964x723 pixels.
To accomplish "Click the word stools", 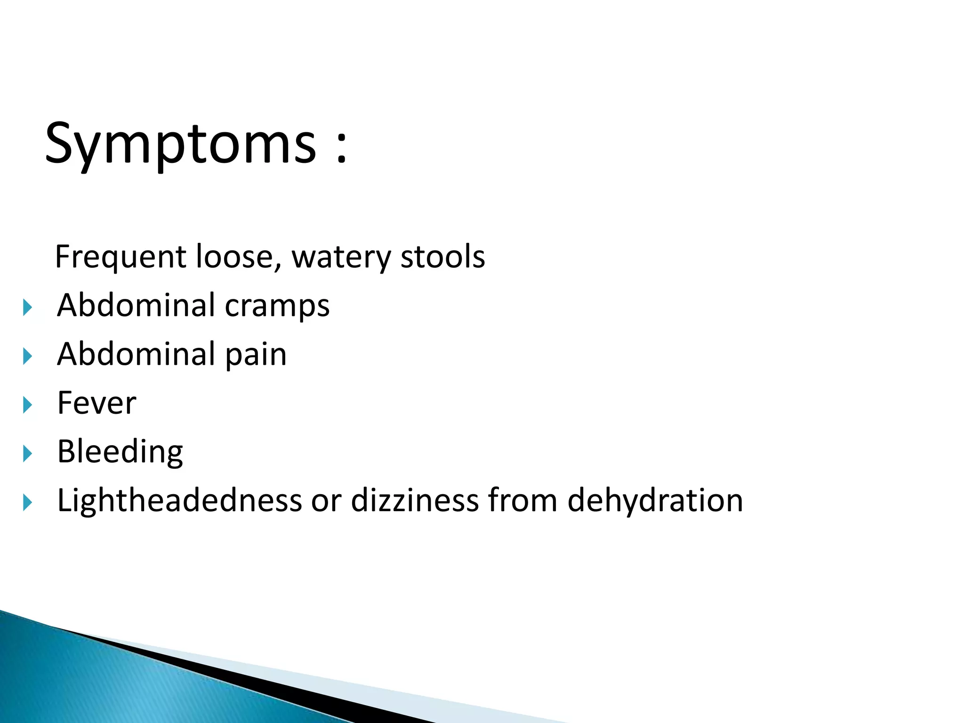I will point(442,257).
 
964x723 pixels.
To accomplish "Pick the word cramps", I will point(277,306).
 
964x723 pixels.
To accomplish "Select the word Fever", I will point(96,403).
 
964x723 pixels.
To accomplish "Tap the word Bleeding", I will point(120,452).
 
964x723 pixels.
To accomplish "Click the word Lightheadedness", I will point(179,500).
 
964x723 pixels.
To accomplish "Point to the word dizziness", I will point(415,500).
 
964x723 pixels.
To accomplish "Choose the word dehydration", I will point(655,500).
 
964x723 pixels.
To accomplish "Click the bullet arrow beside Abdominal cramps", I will point(28,308).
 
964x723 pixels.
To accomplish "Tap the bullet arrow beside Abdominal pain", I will point(28,356).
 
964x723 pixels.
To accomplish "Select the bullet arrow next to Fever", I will point(28,405).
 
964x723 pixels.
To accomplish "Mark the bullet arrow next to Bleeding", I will point(28,454).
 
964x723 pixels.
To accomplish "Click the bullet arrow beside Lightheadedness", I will point(28,503).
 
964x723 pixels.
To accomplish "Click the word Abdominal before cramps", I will point(136,305).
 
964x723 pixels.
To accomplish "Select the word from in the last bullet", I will point(522,500).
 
